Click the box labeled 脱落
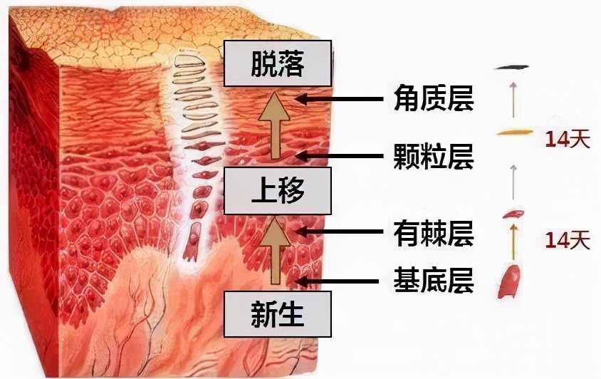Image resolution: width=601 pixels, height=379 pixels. [278, 63]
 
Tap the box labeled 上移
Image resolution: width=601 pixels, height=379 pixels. [278, 191]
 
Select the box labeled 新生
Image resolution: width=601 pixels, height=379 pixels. [278, 314]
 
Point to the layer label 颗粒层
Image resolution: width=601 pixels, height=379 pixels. [433, 157]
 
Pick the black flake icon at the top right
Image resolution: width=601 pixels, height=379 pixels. [513, 66]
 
